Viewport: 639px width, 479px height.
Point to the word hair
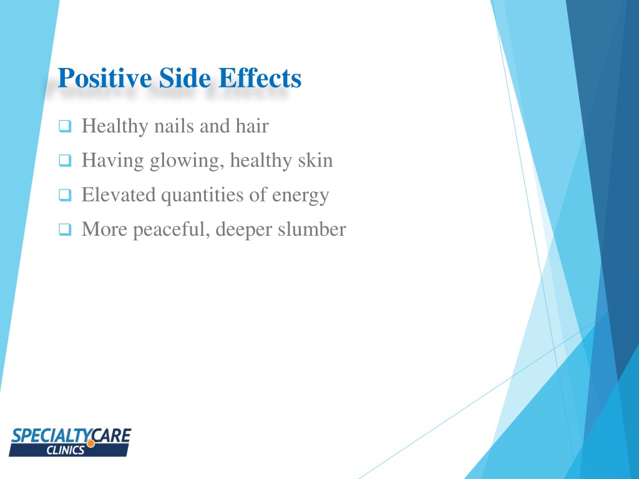click(x=251, y=127)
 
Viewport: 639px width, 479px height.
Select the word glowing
click(x=187, y=162)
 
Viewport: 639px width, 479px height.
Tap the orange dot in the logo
click(x=91, y=443)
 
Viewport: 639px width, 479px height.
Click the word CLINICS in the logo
click(x=66, y=450)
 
